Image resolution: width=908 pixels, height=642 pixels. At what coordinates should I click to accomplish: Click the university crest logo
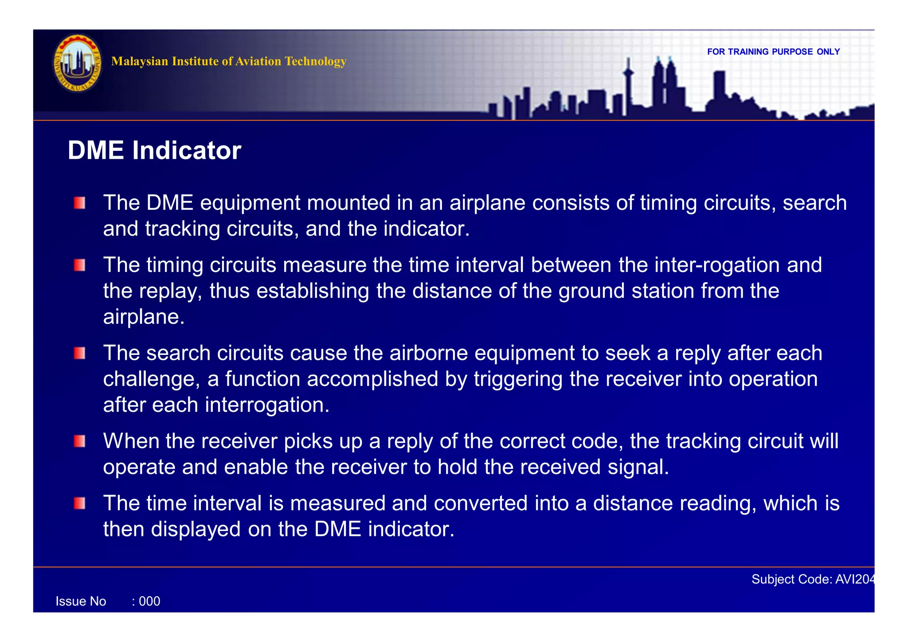pyautogui.click(x=78, y=63)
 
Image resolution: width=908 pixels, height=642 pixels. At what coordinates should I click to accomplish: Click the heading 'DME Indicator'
pyautogui.click(x=154, y=150)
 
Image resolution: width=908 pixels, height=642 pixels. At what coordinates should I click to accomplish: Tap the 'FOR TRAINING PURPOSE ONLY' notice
pyautogui.click(x=773, y=52)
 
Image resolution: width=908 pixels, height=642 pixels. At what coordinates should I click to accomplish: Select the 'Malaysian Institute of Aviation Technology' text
pyautogui.click(x=229, y=61)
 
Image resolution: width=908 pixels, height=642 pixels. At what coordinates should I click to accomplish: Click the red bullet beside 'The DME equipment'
pyautogui.click(x=80, y=203)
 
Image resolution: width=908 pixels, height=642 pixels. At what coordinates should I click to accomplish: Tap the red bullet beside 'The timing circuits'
pyautogui.click(x=80, y=265)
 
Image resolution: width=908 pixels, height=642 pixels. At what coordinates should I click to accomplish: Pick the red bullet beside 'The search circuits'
pyautogui.click(x=80, y=354)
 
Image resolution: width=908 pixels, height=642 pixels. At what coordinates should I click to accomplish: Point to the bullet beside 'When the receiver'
pyautogui.click(x=80, y=441)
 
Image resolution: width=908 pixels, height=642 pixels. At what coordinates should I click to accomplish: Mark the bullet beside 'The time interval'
pyautogui.click(x=80, y=504)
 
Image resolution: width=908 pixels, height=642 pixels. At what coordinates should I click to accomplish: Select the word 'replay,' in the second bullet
pyautogui.click(x=171, y=291)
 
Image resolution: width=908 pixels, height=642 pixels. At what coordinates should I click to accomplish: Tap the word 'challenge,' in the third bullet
pyautogui.click(x=152, y=379)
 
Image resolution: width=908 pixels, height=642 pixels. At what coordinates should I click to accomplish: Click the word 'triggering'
pyautogui.click(x=518, y=379)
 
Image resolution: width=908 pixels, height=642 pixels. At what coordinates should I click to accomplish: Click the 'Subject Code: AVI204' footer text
pyautogui.click(x=813, y=579)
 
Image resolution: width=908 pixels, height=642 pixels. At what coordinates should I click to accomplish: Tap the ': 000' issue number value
pyautogui.click(x=146, y=602)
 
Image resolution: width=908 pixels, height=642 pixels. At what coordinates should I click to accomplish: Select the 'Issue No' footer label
pyautogui.click(x=81, y=602)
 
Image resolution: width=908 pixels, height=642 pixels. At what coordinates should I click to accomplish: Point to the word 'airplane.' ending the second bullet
pyautogui.click(x=144, y=317)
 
